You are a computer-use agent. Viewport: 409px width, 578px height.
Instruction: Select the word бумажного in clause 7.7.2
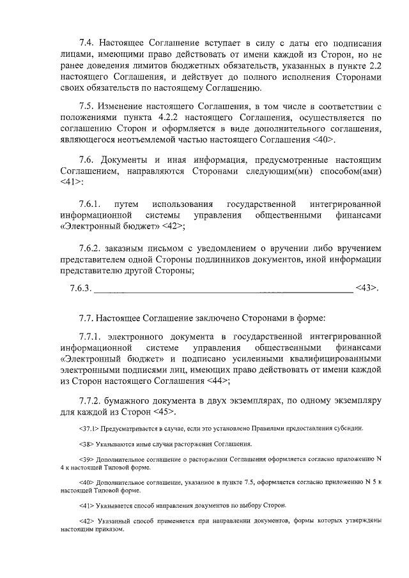130,401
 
